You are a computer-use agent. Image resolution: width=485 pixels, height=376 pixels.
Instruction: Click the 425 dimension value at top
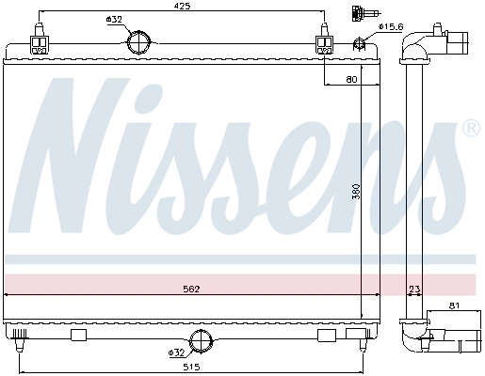pos(183,6)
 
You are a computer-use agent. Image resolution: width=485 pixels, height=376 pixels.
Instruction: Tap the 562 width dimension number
pos(191,289)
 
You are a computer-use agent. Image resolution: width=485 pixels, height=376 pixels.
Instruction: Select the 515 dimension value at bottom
pos(191,367)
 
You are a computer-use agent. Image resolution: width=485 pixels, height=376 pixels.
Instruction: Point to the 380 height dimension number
pos(357,192)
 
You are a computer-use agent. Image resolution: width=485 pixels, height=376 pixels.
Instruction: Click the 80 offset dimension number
pos(351,80)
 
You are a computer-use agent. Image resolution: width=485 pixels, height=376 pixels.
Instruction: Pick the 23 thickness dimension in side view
pos(414,289)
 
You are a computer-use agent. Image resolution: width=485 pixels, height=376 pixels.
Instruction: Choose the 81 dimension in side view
pos(454,305)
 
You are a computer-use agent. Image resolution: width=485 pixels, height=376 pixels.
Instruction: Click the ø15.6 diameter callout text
pos(390,27)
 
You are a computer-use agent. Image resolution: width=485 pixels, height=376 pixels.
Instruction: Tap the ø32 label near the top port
pos(114,20)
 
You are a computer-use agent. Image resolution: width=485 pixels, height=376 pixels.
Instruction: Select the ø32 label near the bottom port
pos(176,353)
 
